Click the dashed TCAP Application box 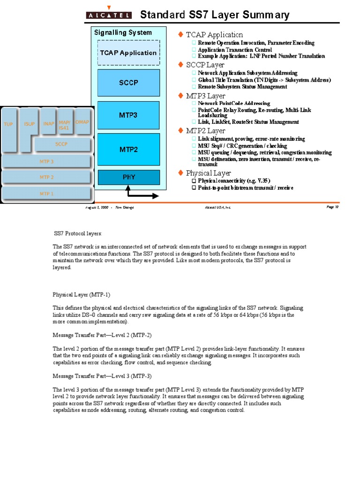128,52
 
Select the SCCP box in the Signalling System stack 128,83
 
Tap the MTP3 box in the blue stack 128,114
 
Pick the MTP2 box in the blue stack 128,150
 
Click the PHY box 128,177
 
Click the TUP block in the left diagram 8,124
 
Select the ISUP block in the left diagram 29,124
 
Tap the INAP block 48,124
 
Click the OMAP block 82,122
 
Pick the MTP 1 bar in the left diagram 46,194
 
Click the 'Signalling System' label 123,33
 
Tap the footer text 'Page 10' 332,207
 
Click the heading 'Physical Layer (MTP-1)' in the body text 81,295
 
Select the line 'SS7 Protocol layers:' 78,233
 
